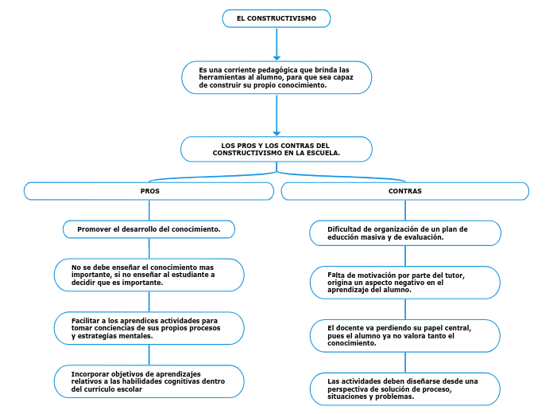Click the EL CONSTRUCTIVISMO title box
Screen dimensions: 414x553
[276, 18]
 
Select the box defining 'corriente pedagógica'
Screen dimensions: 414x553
[276, 77]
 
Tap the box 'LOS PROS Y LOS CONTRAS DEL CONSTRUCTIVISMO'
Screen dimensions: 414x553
[276, 149]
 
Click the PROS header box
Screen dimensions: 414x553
[149, 191]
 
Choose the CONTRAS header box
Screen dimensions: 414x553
[404, 191]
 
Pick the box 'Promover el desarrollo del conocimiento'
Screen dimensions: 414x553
[149, 229]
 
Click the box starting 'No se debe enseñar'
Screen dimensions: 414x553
[149, 275]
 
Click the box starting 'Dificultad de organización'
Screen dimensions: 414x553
[404, 232]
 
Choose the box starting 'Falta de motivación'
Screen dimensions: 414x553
[404, 283]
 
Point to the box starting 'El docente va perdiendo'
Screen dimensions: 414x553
[404, 335]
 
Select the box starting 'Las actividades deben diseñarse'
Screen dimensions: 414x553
[404, 389]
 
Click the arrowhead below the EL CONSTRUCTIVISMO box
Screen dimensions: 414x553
[276, 57]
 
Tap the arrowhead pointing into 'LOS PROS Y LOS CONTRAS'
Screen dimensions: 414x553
[276, 132]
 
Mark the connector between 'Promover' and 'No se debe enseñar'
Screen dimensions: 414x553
[149, 248]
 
